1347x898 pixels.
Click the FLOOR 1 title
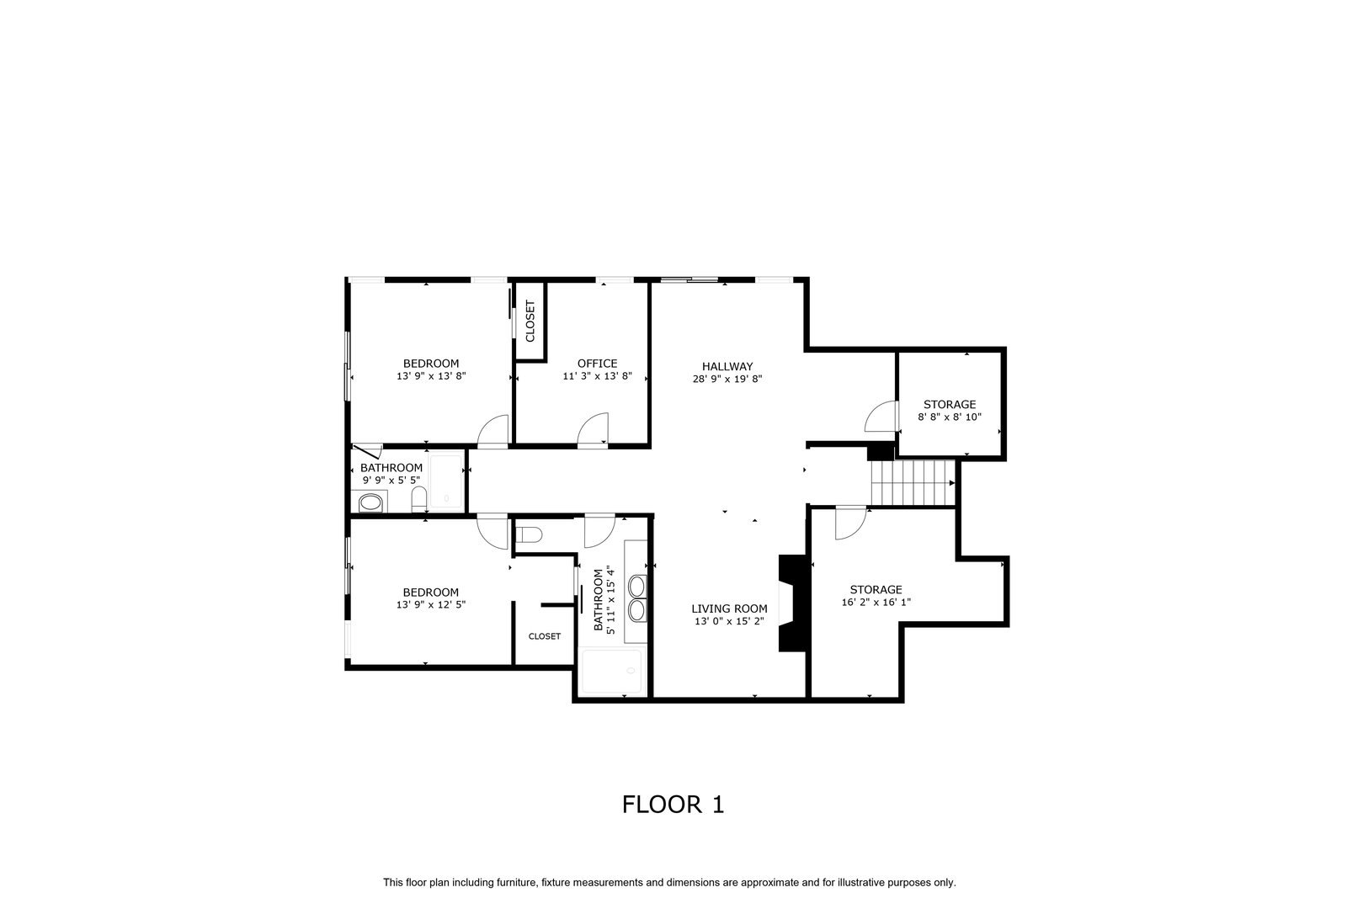point(673,805)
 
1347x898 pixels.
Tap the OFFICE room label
point(597,364)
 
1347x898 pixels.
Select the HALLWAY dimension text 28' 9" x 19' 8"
point(727,380)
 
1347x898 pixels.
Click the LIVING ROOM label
point(729,608)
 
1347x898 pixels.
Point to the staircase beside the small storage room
point(913,482)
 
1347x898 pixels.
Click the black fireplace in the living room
point(792,603)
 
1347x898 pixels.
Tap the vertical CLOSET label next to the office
point(530,321)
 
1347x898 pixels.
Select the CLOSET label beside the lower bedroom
point(544,636)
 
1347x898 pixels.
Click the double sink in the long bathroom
point(636,598)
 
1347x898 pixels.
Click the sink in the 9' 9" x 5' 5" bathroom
point(370,502)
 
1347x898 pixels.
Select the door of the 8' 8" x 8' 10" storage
point(881,416)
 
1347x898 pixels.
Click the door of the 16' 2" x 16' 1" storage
point(850,523)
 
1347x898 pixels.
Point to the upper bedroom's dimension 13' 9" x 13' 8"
point(431,376)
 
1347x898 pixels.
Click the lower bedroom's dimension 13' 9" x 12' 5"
point(430,604)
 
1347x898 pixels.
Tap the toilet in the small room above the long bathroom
point(529,534)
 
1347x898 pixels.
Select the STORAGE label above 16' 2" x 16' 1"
point(876,590)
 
